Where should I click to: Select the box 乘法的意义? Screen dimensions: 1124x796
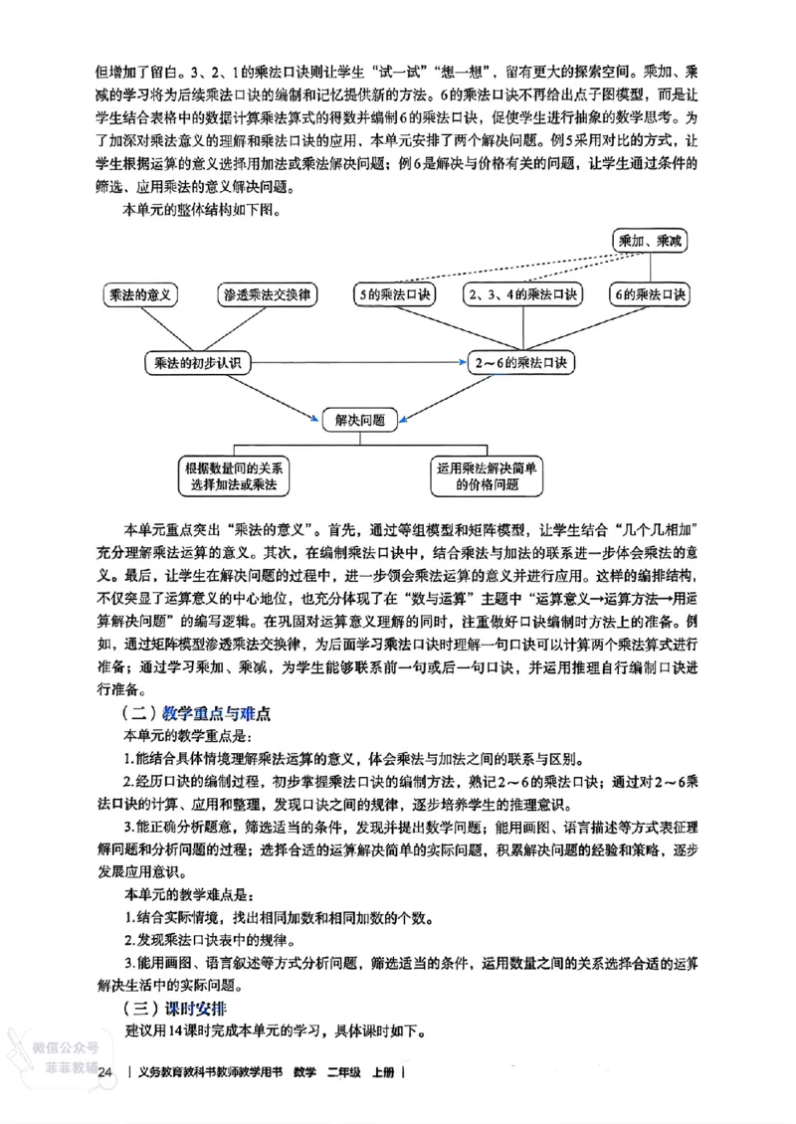(141, 294)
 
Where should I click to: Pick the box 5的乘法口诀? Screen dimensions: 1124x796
(395, 294)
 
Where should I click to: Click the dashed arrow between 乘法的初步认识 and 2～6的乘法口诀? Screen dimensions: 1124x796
(358, 363)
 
